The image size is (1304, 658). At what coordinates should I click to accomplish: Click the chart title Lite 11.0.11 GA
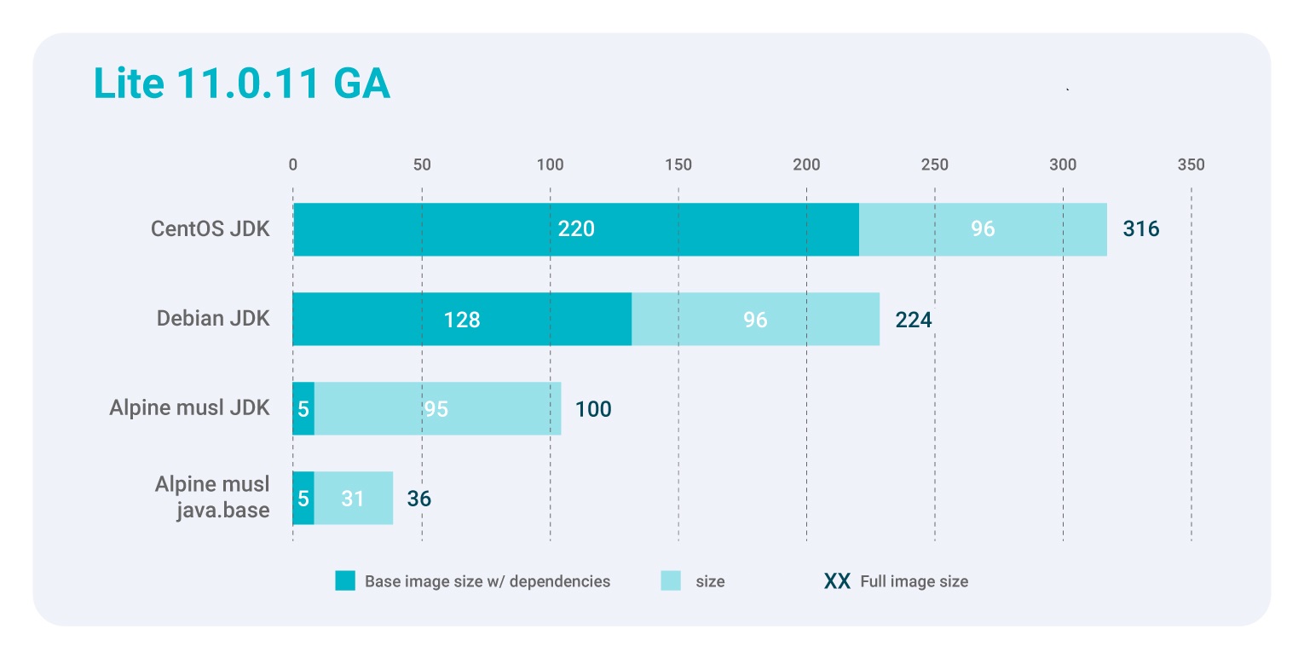[241, 84]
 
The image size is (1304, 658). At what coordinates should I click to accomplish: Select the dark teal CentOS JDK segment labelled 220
[575, 229]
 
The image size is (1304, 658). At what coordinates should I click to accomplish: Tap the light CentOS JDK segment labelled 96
[983, 229]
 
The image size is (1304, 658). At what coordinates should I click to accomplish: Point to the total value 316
[1140, 229]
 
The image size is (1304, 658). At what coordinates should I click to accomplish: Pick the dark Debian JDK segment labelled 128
[461, 320]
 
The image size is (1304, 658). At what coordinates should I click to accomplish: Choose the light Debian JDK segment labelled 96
[755, 320]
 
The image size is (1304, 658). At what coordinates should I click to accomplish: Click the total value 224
[913, 320]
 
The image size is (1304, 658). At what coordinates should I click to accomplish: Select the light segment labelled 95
[436, 409]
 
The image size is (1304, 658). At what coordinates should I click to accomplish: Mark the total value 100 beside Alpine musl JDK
[592, 409]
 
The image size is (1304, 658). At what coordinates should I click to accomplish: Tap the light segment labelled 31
[353, 499]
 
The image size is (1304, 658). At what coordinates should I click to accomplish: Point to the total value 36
[418, 499]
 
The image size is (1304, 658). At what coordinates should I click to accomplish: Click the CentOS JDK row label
[210, 229]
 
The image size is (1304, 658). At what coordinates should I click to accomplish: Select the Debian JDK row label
[213, 320]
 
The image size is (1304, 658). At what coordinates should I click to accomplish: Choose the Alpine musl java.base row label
[212, 498]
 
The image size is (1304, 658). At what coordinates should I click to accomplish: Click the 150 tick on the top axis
[678, 164]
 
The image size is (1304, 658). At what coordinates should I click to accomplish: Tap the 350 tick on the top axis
[1191, 164]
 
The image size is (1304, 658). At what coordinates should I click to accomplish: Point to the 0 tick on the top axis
[293, 164]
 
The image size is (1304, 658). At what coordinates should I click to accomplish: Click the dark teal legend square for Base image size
[344, 581]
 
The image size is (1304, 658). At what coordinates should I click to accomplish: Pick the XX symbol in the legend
[837, 581]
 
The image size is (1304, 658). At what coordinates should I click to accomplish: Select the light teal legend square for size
[671, 581]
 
